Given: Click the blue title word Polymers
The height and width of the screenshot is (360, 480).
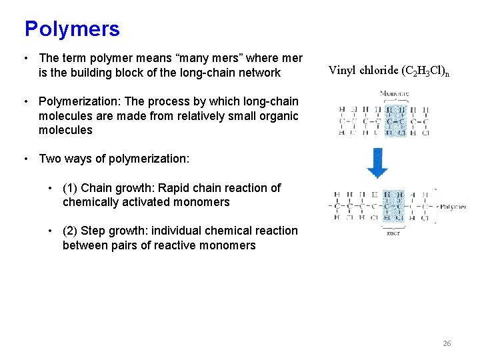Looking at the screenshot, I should coord(72,29).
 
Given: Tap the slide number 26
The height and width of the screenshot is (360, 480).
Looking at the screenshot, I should coord(447,343).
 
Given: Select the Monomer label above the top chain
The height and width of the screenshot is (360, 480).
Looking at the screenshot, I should coord(393,93).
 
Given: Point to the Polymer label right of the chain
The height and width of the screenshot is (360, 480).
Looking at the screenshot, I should coord(453,207).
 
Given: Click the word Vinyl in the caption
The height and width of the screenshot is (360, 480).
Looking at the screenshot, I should coord(342,71).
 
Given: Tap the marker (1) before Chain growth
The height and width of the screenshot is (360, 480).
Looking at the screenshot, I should coord(70,188).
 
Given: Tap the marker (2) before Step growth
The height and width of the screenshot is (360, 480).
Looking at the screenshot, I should coord(70,231).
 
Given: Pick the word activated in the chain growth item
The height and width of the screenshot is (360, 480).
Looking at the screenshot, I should coord(138,202).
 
